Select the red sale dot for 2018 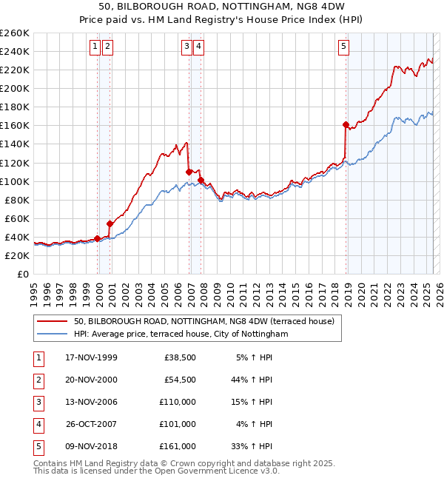coord(346,124)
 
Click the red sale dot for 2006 coord(189,172)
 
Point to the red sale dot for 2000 coord(110,223)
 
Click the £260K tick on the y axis coord(15,33)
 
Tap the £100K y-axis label coord(15,181)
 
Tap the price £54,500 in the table coord(178,380)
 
